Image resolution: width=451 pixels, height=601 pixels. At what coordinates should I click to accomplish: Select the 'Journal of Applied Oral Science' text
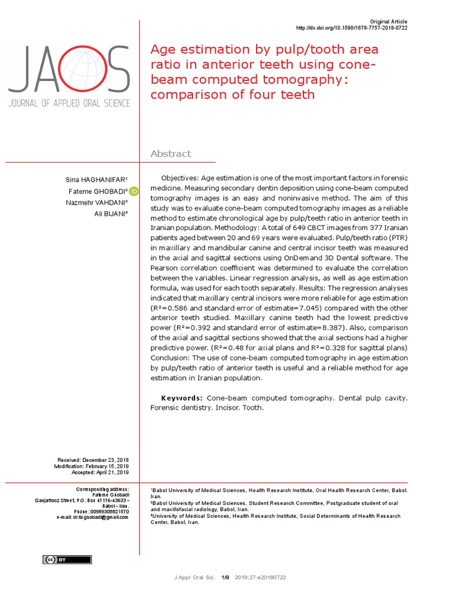(x=69, y=103)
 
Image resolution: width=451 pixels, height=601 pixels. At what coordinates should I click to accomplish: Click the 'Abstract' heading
(x=171, y=154)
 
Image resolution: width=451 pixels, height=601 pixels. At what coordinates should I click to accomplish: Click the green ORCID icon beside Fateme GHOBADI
(x=134, y=191)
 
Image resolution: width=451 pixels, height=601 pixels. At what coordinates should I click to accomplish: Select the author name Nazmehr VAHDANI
(x=97, y=202)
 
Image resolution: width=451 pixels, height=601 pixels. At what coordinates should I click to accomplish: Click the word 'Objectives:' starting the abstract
(x=180, y=178)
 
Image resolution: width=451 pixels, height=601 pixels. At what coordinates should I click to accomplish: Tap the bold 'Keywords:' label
(x=183, y=398)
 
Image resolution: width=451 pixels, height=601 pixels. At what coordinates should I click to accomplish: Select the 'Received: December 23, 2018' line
(x=93, y=460)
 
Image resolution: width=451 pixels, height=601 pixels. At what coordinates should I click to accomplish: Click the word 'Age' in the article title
(x=164, y=49)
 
